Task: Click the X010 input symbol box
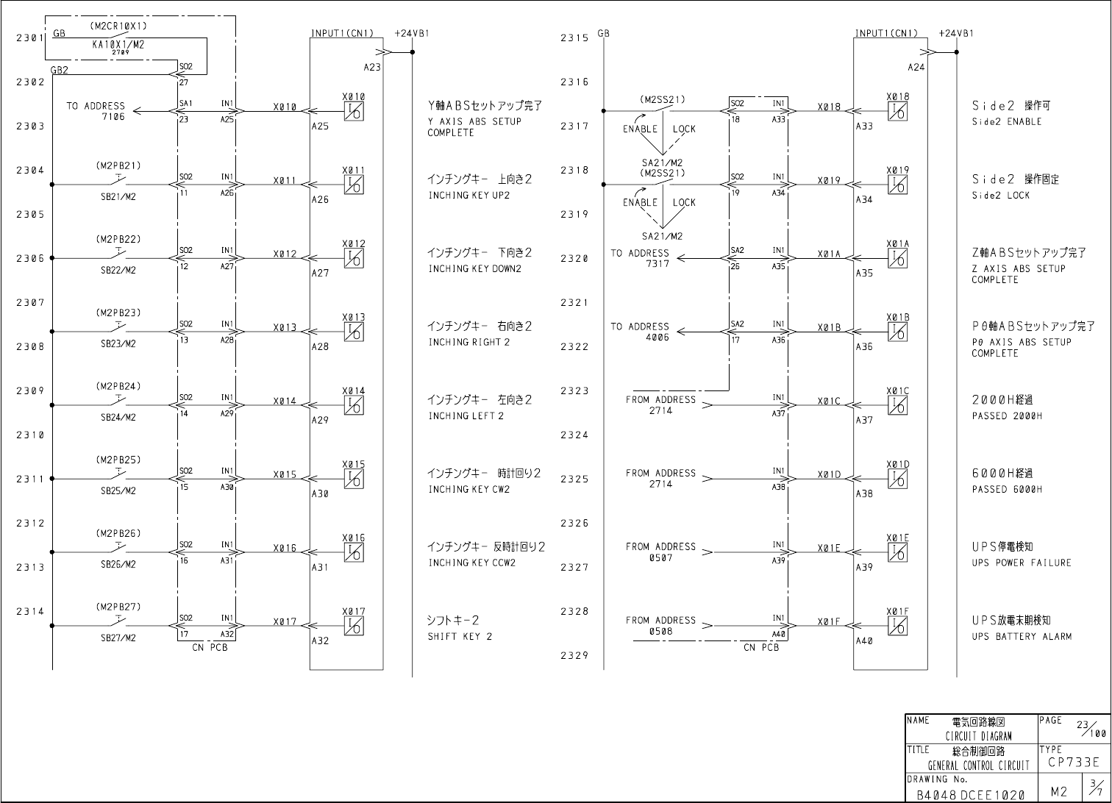(x=354, y=111)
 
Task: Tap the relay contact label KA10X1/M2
(x=118, y=44)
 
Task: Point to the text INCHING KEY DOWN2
(x=474, y=269)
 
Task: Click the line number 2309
(x=30, y=391)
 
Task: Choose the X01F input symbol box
(x=898, y=626)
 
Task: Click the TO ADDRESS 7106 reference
(x=96, y=111)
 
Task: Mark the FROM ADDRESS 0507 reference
(x=660, y=552)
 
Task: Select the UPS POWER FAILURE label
(x=1022, y=563)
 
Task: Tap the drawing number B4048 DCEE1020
(x=971, y=795)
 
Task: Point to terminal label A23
(x=373, y=67)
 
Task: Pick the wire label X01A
(x=829, y=254)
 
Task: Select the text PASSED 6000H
(x=1007, y=490)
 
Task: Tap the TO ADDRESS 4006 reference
(x=640, y=332)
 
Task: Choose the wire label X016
(x=285, y=549)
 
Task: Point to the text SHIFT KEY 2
(x=460, y=637)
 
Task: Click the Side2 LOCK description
(x=1000, y=196)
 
